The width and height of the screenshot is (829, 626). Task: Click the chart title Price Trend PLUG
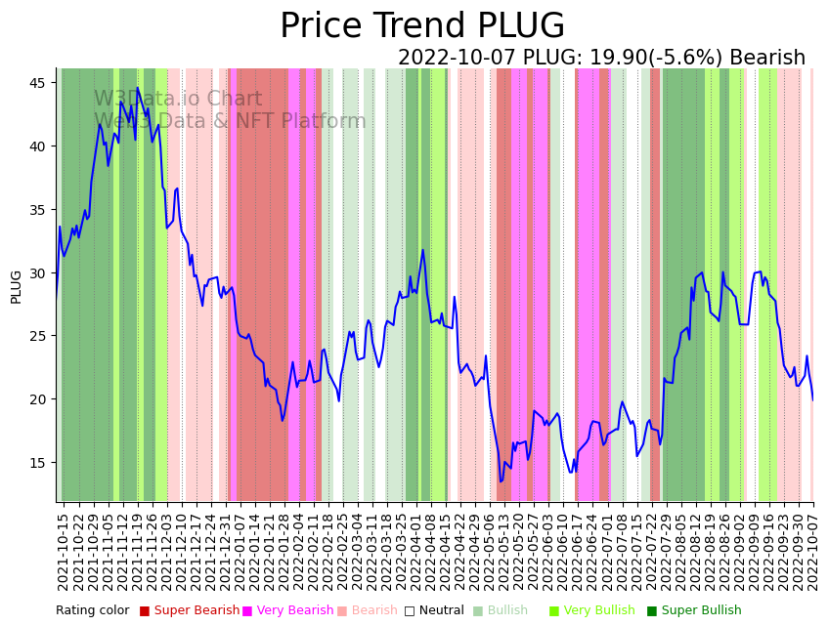click(x=422, y=26)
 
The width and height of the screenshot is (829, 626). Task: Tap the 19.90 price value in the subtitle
click(x=615, y=59)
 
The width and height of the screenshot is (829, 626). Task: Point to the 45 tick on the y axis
click(x=38, y=83)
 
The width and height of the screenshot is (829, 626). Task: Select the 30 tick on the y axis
click(x=38, y=272)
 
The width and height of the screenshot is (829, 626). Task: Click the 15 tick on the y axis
click(x=38, y=462)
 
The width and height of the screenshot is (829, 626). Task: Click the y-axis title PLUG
click(x=16, y=286)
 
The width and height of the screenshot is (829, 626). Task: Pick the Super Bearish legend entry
click(x=196, y=610)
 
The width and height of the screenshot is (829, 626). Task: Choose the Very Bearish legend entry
click(x=294, y=610)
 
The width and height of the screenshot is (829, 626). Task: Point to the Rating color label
click(x=92, y=610)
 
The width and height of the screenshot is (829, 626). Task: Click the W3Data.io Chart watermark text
click(x=178, y=100)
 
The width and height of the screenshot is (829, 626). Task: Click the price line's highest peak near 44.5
click(x=137, y=88)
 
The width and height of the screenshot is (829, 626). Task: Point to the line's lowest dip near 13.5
click(x=502, y=480)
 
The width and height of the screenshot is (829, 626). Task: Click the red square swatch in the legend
click(x=145, y=610)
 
